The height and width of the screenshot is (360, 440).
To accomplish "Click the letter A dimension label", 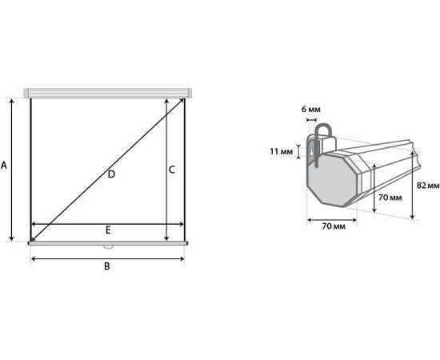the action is tap(4, 166).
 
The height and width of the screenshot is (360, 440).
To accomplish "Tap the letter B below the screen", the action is tap(107, 266).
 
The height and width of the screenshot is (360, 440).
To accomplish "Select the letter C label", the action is tap(172, 170).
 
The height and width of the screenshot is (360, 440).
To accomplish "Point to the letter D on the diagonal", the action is tap(111, 174).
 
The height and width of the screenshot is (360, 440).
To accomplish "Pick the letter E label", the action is tap(108, 230).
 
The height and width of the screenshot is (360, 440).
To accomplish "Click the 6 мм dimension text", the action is tap(311, 109).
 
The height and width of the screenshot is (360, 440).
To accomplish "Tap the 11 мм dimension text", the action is tap(281, 151).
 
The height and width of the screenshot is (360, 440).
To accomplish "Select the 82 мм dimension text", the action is tap(428, 186).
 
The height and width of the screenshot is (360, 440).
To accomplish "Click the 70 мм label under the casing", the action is tap(334, 226).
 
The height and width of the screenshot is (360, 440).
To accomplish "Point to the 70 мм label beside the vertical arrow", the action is tap(390, 198).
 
